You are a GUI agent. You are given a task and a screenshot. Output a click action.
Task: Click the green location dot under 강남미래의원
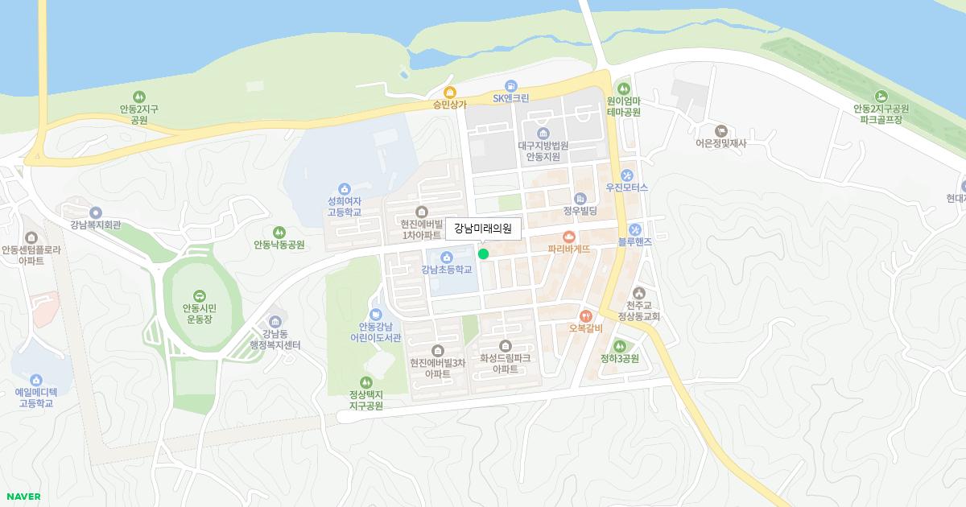point(483,253)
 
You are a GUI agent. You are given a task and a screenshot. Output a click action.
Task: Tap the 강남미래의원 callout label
point(483,229)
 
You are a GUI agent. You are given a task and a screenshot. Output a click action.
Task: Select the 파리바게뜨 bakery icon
point(569,237)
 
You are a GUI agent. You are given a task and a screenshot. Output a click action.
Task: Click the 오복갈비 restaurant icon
point(585,315)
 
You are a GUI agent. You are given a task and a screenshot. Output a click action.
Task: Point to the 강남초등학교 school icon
point(446,257)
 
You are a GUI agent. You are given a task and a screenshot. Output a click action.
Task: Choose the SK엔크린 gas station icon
point(511,85)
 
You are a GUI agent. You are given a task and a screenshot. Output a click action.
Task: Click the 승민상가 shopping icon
point(450,92)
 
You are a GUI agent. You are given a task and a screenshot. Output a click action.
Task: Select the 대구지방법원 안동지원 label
point(543,151)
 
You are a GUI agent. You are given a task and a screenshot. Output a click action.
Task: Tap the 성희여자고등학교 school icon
point(345,188)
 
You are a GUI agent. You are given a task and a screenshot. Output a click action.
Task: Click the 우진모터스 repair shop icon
point(626,175)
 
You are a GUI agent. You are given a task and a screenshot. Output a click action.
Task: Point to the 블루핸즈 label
point(634,241)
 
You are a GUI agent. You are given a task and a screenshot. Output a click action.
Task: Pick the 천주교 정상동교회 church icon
point(639,293)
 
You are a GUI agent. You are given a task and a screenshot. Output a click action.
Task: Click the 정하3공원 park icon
point(619,346)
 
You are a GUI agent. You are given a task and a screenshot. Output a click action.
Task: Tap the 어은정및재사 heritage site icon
point(721,130)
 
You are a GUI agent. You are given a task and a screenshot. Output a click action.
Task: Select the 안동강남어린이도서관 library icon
point(375,314)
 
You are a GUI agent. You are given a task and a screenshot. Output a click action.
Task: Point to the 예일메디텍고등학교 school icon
point(35,380)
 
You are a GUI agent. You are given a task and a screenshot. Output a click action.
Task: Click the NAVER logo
point(23,497)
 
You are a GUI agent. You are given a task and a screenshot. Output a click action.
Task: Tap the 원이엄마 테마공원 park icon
point(623,89)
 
